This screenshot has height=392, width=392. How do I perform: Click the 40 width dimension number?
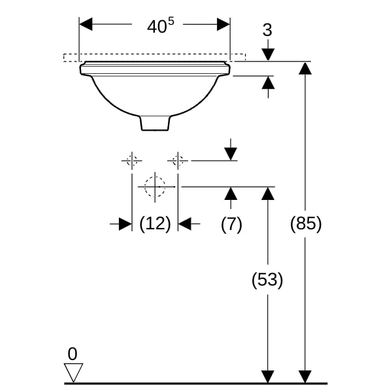click(157, 27)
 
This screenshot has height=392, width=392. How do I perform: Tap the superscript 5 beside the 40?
click(171, 22)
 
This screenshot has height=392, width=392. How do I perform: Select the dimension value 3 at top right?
click(267, 30)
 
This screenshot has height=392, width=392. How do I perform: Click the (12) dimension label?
click(155, 224)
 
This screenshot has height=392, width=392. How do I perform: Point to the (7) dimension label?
click(231, 224)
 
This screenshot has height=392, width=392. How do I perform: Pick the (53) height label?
click(267, 280)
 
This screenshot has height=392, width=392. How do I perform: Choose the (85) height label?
click(306, 223)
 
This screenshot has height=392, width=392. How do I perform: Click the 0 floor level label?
click(73, 353)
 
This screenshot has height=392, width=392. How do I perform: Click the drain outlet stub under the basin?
click(155, 123)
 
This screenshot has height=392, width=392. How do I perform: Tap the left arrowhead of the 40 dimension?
click(86, 24)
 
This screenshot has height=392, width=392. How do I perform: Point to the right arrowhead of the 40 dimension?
click(223, 24)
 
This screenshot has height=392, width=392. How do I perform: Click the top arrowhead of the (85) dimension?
click(305, 68)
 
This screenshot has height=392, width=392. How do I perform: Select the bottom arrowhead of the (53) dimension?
click(268, 376)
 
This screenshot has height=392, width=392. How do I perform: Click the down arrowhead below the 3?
click(268, 55)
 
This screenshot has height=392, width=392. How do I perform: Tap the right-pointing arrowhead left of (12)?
click(125, 223)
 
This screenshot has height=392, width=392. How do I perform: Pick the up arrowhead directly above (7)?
click(231, 193)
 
